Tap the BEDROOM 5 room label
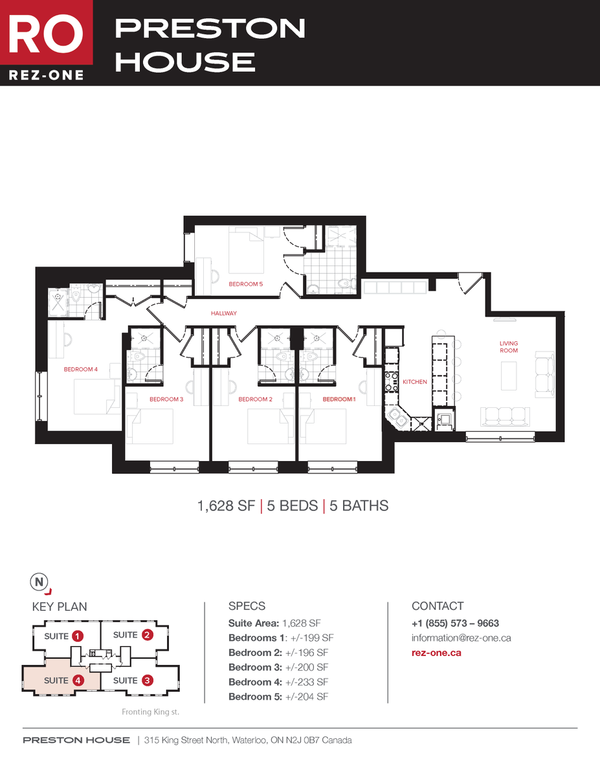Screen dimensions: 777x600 click(x=246, y=284)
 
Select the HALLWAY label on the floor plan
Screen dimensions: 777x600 click(x=224, y=313)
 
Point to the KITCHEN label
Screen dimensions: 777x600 click(x=415, y=382)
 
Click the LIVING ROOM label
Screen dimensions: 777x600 click(x=509, y=347)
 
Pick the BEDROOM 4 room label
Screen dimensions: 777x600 click(x=80, y=370)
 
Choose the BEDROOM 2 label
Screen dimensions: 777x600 click(x=255, y=400)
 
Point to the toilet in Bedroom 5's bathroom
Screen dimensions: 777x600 click(x=346, y=283)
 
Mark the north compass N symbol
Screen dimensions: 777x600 click(x=39, y=582)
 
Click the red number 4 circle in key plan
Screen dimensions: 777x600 click(x=78, y=681)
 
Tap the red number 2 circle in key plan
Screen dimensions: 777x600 click(x=148, y=635)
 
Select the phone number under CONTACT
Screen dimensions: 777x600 click(x=455, y=624)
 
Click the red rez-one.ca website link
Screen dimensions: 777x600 click(x=436, y=653)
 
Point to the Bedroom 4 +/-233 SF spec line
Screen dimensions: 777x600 click(x=278, y=682)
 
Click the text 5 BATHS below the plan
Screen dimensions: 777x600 click(x=359, y=506)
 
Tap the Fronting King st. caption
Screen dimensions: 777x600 click(x=150, y=712)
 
